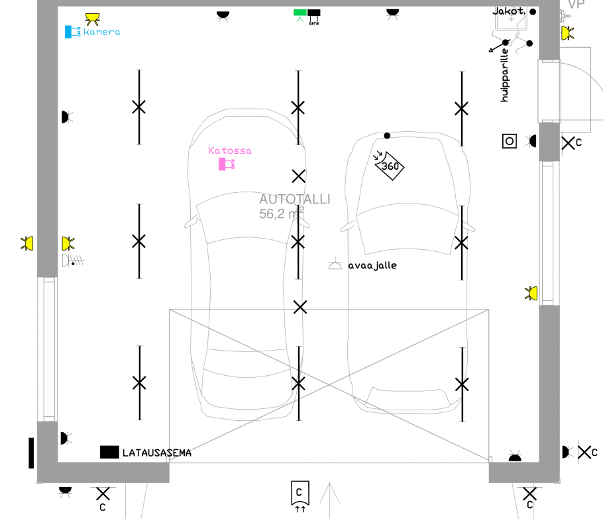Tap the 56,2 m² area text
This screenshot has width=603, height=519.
point(281,213)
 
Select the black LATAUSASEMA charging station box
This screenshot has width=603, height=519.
point(109,452)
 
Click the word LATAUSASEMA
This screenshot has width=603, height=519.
point(157,453)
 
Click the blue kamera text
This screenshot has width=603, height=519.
point(102,32)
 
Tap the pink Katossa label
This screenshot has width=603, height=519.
point(230,150)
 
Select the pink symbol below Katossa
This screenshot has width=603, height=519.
point(227,164)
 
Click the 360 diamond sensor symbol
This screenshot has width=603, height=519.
point(390,166)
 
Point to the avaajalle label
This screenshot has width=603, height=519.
point(372,265)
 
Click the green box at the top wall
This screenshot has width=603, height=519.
point(300,13)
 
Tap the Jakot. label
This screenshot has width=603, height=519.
point(508,11)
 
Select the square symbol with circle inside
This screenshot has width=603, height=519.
point(509,141)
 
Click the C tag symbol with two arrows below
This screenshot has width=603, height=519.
point(300,494)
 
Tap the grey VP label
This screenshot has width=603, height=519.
point(576,5)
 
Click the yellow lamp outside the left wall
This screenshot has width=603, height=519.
point(27,243)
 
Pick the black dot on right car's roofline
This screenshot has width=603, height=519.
point(387,136)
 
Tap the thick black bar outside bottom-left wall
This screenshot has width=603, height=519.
point(31,452)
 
